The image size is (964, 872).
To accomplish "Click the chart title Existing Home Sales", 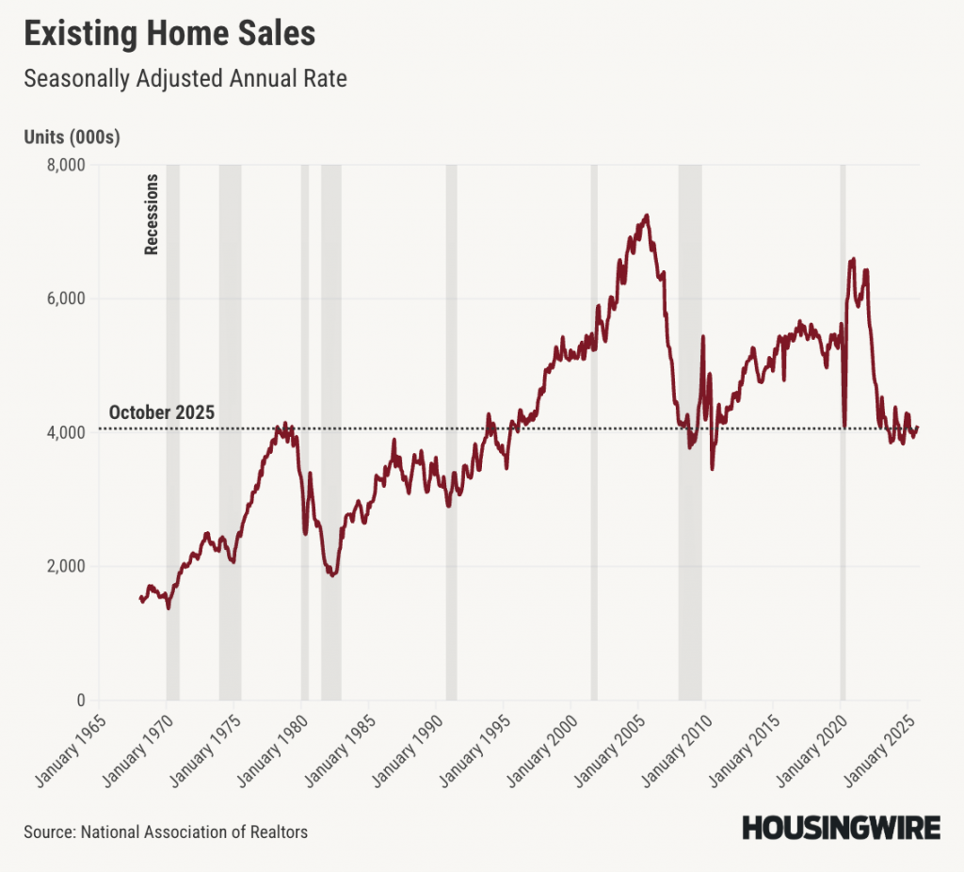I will (x=169, y=34).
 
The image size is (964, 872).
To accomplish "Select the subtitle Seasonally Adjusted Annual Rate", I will (x=185, y=78).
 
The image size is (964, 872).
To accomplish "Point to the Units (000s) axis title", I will (x=72, y=137).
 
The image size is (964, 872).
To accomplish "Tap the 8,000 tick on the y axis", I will (x=66, y=165).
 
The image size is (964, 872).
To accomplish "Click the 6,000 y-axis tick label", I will (x=66, y=299).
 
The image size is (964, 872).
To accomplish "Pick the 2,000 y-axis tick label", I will (x=66, y=566).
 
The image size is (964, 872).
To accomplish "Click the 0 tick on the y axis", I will (x=80, y=701).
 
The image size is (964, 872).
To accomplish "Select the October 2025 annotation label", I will (x=162, y=412).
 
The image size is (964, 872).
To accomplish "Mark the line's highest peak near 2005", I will (x=647, y=216).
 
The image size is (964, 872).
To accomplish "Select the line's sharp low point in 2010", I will (x=713, y=468).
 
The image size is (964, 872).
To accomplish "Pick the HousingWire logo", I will (x=841, y=828).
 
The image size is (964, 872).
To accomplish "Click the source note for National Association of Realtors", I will (x=166, y=832).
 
